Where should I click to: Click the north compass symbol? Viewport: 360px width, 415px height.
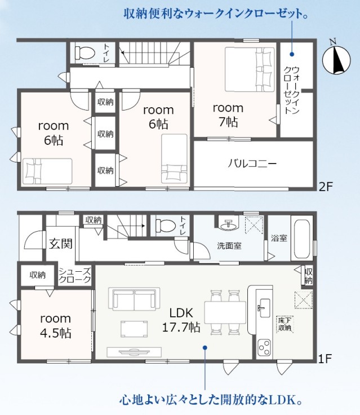click(336, 59)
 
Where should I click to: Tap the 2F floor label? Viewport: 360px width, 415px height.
click(325, 187)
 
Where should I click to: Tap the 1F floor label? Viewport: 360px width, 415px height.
click(325, 359)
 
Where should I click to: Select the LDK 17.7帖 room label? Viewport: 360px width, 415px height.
click(181, 320)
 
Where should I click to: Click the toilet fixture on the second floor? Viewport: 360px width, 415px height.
click(85, 52)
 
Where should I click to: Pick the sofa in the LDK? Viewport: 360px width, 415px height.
click(134, 299)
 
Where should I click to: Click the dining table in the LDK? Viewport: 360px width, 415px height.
click(225, 312)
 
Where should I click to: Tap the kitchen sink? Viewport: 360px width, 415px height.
click(264, 307)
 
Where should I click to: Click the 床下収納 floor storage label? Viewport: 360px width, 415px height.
click(285, 324)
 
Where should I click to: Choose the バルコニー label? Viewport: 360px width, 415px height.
click(252, 164)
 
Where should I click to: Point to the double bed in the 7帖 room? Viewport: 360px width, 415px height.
click(250, 69)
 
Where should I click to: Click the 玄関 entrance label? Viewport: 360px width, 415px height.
click(61, 244)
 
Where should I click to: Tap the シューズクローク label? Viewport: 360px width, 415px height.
click(75, 275)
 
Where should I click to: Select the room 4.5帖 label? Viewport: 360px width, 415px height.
click(56, 325)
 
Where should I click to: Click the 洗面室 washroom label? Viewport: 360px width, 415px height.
click(229, 246)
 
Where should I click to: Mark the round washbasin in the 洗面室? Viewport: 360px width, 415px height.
click(229, 225)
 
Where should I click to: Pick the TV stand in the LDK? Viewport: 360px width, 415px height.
click(134, 352)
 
